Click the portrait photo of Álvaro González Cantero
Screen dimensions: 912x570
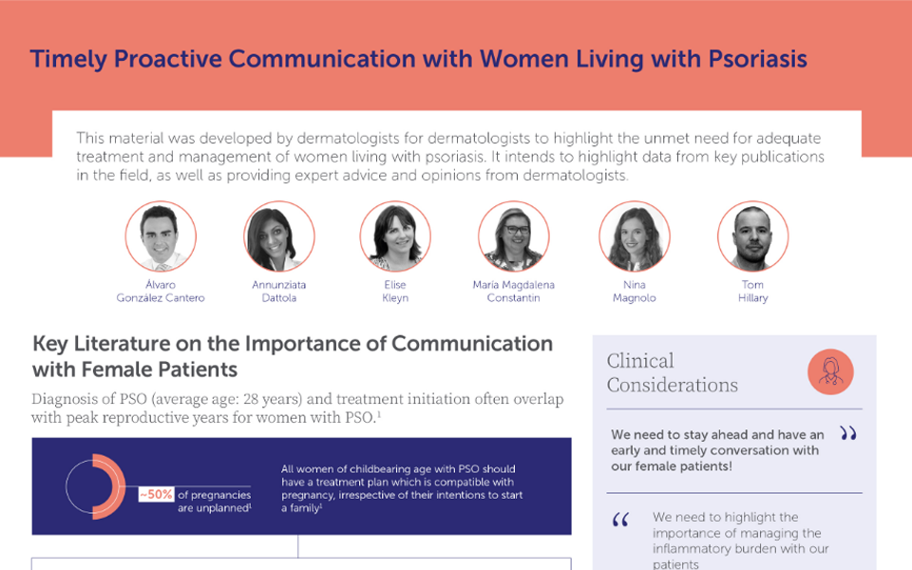161,237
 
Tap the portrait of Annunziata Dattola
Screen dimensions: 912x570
279,237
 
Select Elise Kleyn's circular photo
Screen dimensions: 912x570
395,237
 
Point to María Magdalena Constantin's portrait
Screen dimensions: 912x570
514,237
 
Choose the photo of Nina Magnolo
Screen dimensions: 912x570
635,237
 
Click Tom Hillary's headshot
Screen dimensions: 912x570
752,237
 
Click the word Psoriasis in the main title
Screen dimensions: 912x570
757,59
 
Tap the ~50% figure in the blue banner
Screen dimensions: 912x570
156,494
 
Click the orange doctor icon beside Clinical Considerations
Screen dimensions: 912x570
830,371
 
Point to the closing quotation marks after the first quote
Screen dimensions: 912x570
848,433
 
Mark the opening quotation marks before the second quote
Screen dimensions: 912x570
620,520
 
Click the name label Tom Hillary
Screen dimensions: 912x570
752,292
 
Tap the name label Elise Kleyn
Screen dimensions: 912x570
395,292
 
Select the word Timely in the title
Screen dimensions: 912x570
68,59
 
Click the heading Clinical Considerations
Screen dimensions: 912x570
672,372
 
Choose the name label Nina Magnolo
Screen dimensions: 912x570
634,292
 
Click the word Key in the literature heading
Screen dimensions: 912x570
50,344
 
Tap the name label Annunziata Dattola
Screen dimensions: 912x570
279,292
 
